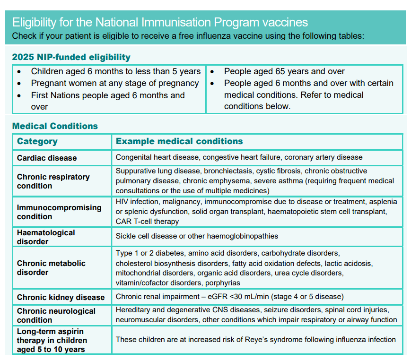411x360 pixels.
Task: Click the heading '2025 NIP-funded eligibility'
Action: tap(71, 57)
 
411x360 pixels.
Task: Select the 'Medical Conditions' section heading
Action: tap(55, 126)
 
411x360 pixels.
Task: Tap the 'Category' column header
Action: tap(37, 141)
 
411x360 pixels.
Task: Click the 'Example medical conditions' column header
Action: tap(179, 141)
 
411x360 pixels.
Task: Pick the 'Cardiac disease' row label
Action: tap(47, 158)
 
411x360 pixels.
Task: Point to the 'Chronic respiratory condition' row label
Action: tap(53, 181)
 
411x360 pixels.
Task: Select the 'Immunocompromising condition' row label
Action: tap(59, 212)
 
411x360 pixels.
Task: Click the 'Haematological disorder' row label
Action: tap(46, 237)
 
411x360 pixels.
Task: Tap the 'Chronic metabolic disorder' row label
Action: tap(51, 268)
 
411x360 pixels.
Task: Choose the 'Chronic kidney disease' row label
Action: tap(61, 297)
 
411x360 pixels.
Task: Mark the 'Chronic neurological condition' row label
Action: tap(56, 316)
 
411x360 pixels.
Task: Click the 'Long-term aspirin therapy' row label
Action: tap(52, 340)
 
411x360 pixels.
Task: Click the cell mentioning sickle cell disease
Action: tap(197, 236)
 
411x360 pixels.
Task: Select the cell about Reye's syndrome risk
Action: tap(255, 339)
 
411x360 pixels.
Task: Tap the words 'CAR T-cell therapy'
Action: tap(148, 221)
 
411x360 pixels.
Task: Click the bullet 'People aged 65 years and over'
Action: tap(284, 71)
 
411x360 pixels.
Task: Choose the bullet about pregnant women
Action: tap(114, 83)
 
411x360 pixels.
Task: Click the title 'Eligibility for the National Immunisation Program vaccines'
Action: tap(160, 22)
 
